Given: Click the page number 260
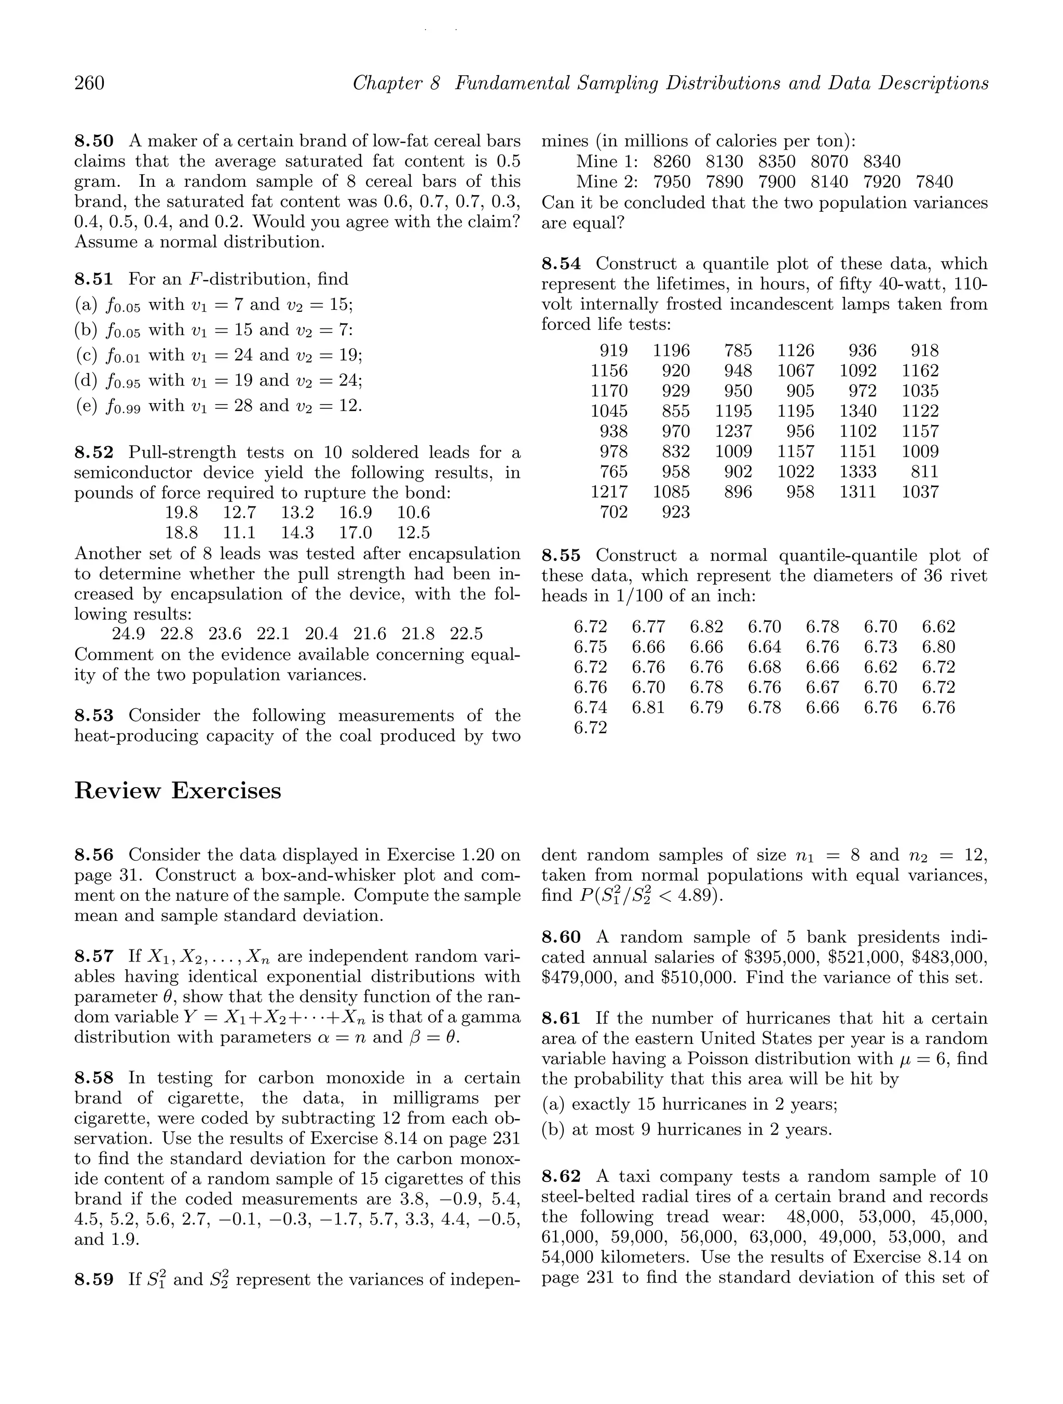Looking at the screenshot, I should (90, 83).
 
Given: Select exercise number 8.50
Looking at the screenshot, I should (94, 141).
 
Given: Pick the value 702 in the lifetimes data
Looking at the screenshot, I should (614, 512).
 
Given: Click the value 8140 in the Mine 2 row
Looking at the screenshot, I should (830, 182).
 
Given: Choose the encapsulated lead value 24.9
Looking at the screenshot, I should (129, 634).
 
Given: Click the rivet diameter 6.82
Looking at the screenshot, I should (706, 627).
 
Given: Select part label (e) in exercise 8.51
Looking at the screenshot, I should (86, 406).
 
